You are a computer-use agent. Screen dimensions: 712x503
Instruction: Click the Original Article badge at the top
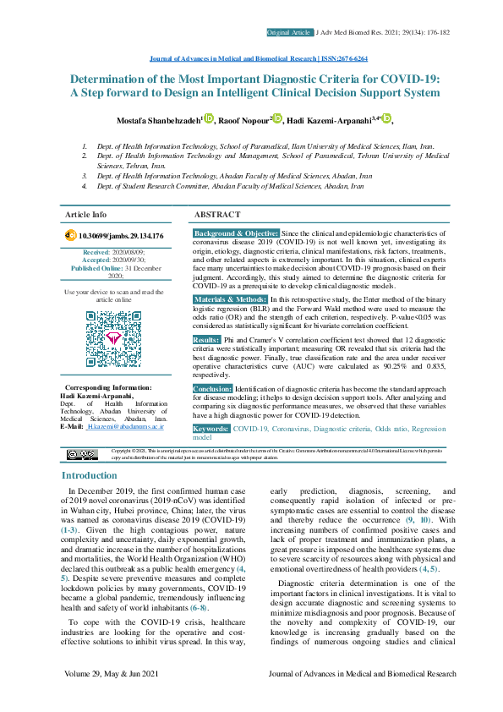click(x=289, y=32)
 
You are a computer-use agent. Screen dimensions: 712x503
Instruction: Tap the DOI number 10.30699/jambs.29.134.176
click(x=120, y=236)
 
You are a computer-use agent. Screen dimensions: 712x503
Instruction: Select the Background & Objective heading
click(x=236, y=233)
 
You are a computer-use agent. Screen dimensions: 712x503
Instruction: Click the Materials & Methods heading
click(x=230, y=299)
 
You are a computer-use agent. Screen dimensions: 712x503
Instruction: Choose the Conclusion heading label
click(x=212, y=388)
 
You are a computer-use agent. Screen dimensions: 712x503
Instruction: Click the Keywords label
click(x=210, y=429)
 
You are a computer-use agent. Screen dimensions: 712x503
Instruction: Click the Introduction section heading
click(x=90, y=476)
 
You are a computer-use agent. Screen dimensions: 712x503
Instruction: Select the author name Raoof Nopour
click(x=243, y=120)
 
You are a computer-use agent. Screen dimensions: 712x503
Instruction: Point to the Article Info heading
click(x=86, y=216)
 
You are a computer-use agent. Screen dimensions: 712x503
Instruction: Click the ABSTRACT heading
click(x=218, y=216)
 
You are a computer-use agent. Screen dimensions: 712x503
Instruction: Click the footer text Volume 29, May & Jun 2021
click(x=114, y=697)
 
